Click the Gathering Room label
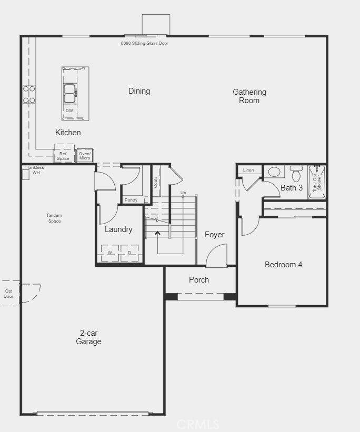pyautogui.click(x=249, y=96)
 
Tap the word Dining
pyautogui.click(x=139, y=91)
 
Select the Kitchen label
pyautogui.click(x=68, y=133)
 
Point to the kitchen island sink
pyautogui.click(x=70, y=94)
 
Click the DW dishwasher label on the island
pyautogui.click(x=69, y=110)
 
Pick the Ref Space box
pyautogui.click(x=63, y=156)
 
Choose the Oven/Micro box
pyautogui.click(x=85, y=156)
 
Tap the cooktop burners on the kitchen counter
pyautogui.click(x=29, y=95)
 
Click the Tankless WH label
pyautogui.click(x=36, y=170)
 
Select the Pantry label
pyautogui.click(x=131, y=200)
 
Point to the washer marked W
pyautogui.click(x=110, y=253)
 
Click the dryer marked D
pyautogui.click(x=129, y=253)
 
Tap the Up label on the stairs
pyautogui.click(x=183, y=193)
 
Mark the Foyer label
pyautogui.click(x=214, y=235)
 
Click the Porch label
pyautogui.click(x=199, y=280)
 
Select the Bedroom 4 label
pyautogui.click(x=283, y=265)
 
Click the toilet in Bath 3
pyautogui.click(x=296, y=173)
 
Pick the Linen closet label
pyautogui.click(x=248, y=170)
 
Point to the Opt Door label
pyautogui.click(x=9, y=294)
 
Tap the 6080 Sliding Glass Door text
pyautogui.click(x=144, y=43)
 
